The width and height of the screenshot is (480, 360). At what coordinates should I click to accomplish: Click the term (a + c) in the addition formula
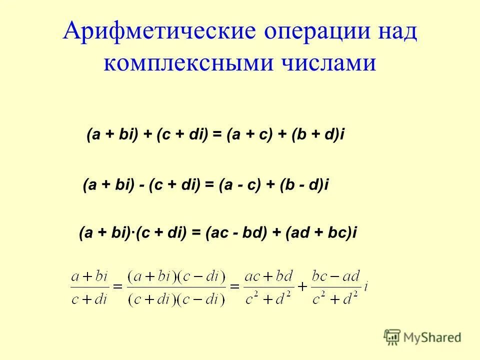tap(247, 135)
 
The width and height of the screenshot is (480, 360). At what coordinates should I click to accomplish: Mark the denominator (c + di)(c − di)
tap(177, 298)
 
